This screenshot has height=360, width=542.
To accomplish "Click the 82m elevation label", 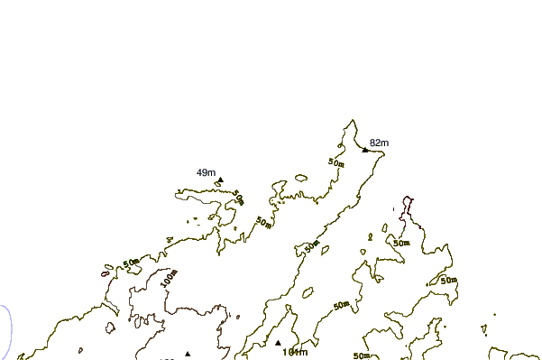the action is (379, 143).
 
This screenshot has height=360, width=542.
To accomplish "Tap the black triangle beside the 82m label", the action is (365, 149).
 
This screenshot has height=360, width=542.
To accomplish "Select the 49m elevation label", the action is (206, 172).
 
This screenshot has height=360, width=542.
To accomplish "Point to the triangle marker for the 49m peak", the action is (220, 180).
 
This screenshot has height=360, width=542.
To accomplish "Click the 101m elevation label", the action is (295, 352).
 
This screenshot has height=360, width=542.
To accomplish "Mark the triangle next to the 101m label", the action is (278, 343).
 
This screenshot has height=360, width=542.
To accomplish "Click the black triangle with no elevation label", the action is (188, 354).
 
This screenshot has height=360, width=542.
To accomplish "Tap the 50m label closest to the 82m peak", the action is (336, 162).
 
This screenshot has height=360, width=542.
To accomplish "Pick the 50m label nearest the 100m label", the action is (132, 263).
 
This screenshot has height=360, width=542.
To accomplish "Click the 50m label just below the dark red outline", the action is (401, 242).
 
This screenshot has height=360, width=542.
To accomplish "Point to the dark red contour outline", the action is (410, 208).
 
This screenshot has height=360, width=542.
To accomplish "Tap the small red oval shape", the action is (106, 273).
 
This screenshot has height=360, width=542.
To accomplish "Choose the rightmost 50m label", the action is (449, 282).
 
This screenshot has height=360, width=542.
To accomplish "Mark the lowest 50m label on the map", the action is (363, 355).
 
